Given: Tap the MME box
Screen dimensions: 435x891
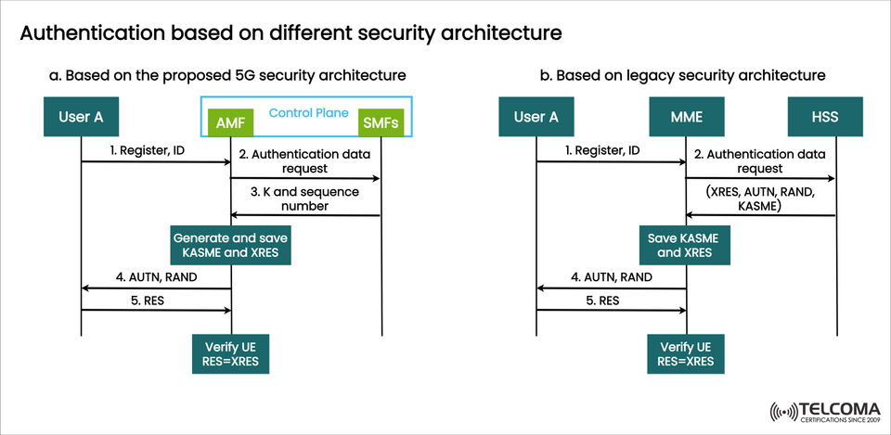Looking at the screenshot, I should point(686,118).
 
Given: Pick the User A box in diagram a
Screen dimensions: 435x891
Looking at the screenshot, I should point(81,118).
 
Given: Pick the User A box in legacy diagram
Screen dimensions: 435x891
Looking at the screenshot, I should point(536,118).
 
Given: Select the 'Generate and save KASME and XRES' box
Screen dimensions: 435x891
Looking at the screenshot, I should point(230,244).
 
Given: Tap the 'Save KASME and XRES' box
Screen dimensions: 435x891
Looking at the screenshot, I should point(686,244).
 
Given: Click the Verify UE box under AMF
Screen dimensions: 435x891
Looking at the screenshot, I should point(230,353).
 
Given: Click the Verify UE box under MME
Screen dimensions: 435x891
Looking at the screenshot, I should point(686,353).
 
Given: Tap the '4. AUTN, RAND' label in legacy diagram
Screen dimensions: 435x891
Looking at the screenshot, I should point(610,276).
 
